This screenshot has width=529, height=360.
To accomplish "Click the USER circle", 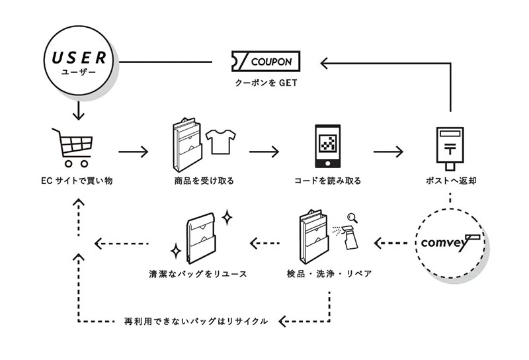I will click(x=79, y=62).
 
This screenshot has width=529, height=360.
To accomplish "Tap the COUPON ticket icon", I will click(x=265, y=62).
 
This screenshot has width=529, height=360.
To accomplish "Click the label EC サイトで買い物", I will click(x=76, y=181).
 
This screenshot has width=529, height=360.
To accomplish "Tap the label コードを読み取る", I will click(x=327, y=181).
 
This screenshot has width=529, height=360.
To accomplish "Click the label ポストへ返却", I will click(x=450, y=181).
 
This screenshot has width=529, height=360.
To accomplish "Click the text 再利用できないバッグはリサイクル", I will click(x=196, y=321).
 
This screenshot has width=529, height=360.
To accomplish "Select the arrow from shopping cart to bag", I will click(x=133, y=152).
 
